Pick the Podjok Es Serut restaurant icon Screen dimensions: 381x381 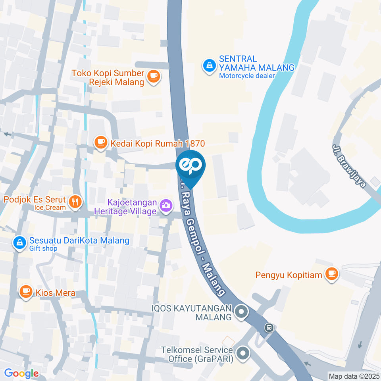75,202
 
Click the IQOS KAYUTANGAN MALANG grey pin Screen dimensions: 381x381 241,312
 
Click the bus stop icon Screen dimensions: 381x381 269,327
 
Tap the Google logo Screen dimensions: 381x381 21,373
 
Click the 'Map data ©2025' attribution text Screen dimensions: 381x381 354,376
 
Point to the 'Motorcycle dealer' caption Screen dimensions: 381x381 247,75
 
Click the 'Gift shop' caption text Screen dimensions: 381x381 43,248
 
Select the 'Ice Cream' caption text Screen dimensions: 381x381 50,207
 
